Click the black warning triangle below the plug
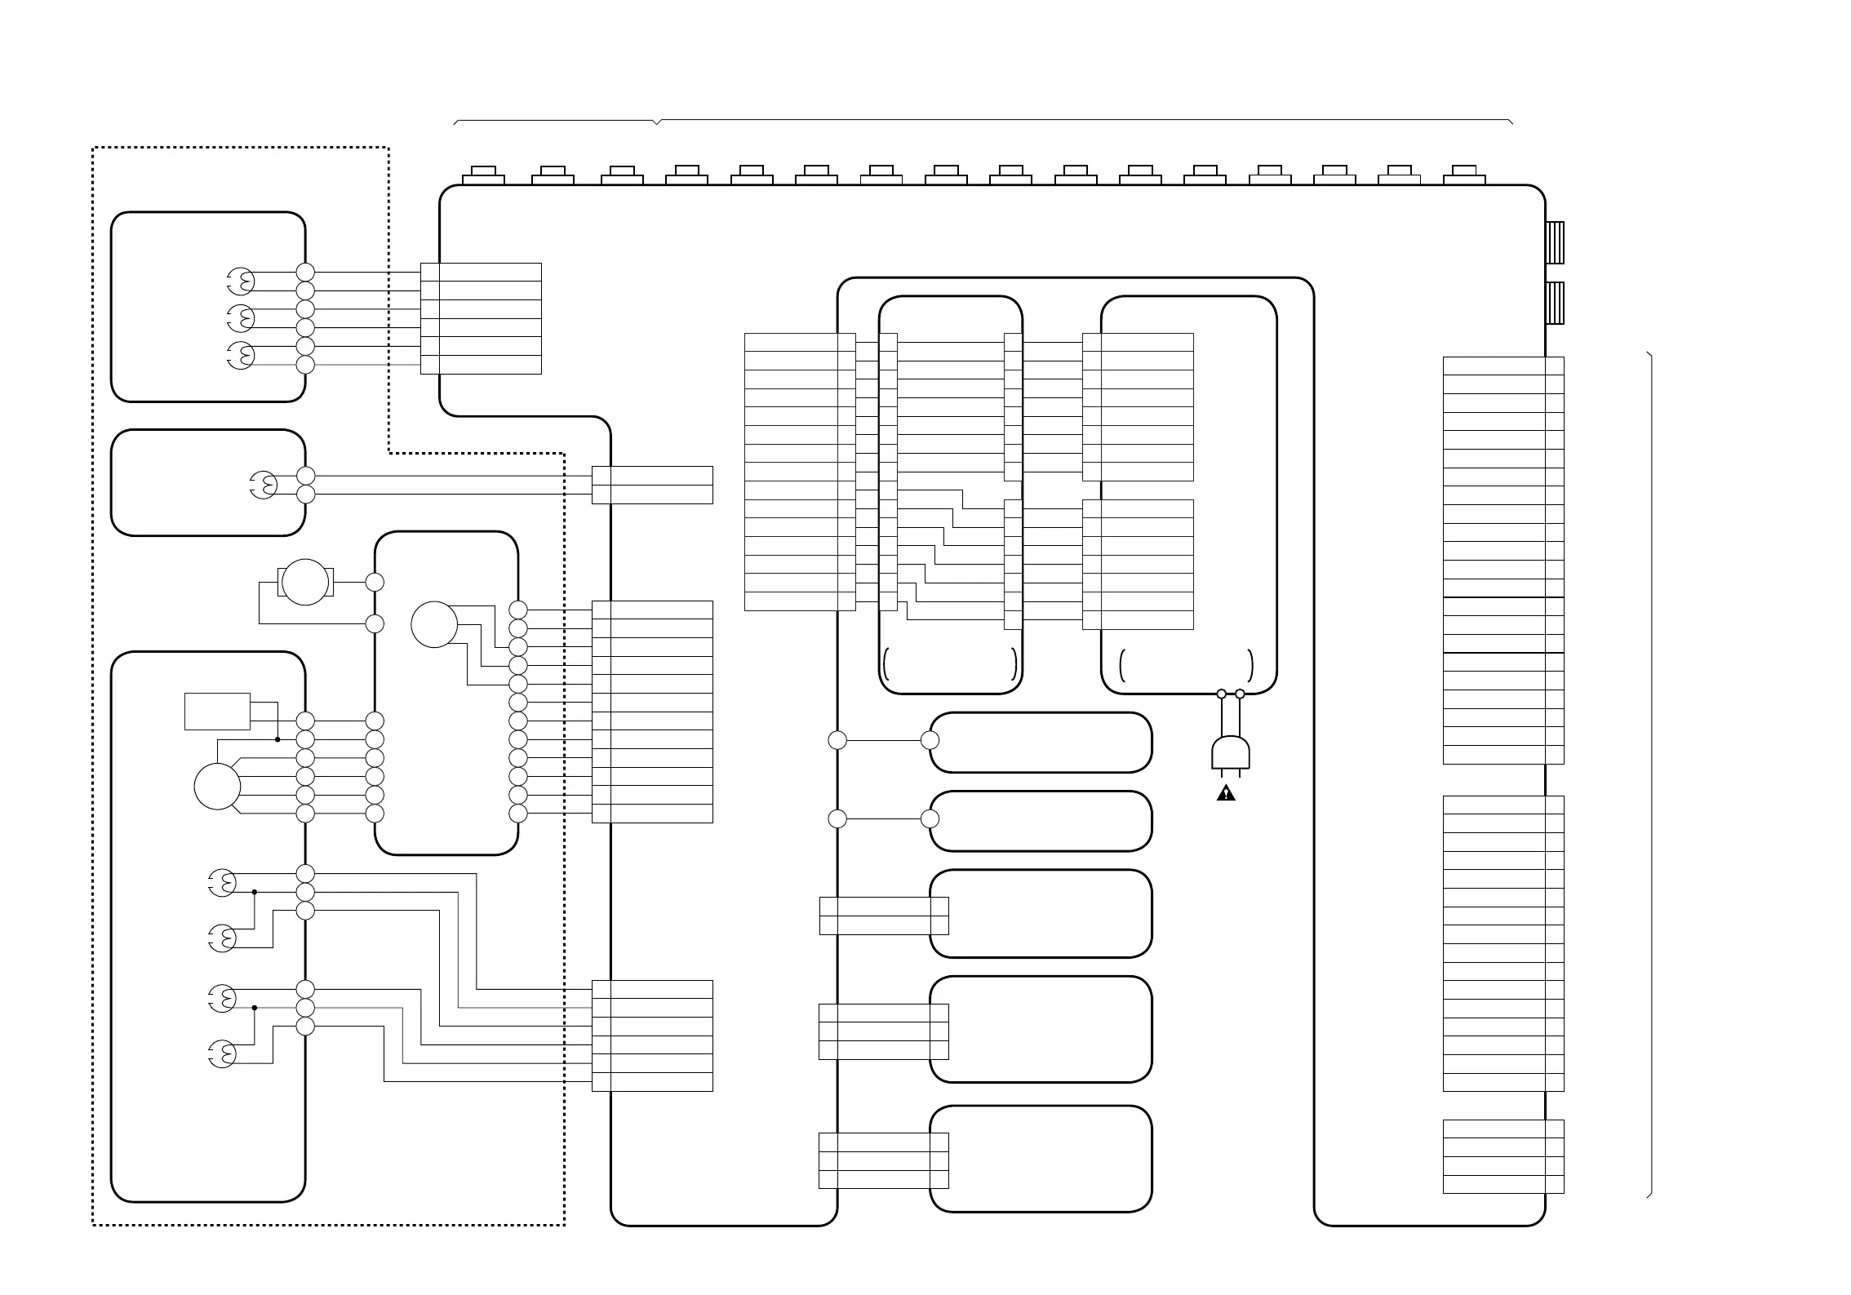[x=1226, y=793]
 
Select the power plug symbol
[x=1231, y=753]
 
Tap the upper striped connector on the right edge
[x=1556, y=242]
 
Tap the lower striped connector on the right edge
[x=1556, y=303]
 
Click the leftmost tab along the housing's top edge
[x=483, y=176]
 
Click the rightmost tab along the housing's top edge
[x=1464, y=176]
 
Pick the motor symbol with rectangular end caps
[x=305, y=583]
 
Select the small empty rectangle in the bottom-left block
[x=217, y=712]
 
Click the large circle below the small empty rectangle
[x=217, y=787]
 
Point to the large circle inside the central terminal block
[x=434, y=625]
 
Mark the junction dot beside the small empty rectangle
[x=277, y=740]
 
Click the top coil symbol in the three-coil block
[x=241, y=282]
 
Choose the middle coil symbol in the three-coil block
[x=241, y=318]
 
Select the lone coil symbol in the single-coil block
[x=263, y=486]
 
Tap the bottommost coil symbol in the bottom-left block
[x=222, y=1054]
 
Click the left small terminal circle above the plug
[x=1222, y=694]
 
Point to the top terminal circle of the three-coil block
[x=305, y=273]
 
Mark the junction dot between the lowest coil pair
[x=255, y=1008]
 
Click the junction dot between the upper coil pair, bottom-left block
[x=255, y=892]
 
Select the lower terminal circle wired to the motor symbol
[x=375, y=624]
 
